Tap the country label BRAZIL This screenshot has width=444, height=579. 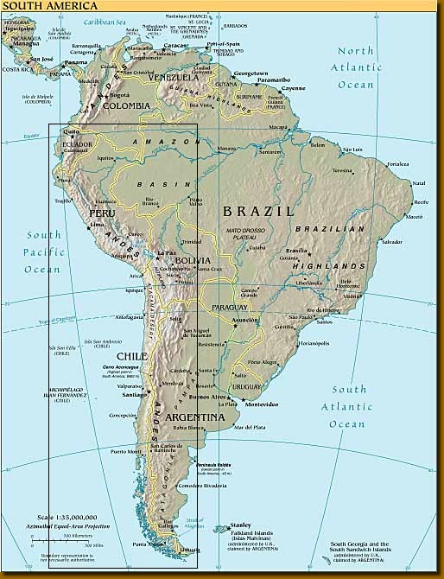[258, 211]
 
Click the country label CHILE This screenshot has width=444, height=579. [131, 356]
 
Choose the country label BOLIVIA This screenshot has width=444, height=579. [191, 260]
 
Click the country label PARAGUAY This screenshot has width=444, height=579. [229, 307]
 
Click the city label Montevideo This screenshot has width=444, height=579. [261, 404]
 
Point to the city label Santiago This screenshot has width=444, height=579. [136, 394]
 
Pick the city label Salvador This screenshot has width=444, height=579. [392, 241]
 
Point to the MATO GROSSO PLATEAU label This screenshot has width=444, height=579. [245, 233]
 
